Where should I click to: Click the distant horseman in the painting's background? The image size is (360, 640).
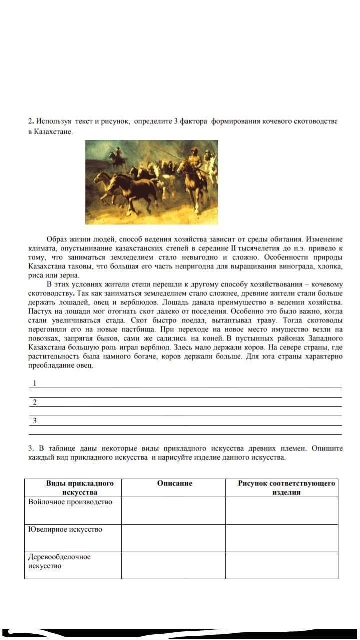[x=117, y=156]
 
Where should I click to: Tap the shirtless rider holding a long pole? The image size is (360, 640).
[x=192, y=172]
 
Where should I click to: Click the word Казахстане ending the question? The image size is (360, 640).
[x=54, y=132]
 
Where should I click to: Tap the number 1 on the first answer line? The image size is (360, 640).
[x=34, y=383]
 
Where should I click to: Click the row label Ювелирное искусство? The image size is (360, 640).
[x=65, y=529]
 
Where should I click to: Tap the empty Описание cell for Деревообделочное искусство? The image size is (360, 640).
[x=173, y=565]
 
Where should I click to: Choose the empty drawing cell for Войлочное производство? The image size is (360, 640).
[x=282, y=510]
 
